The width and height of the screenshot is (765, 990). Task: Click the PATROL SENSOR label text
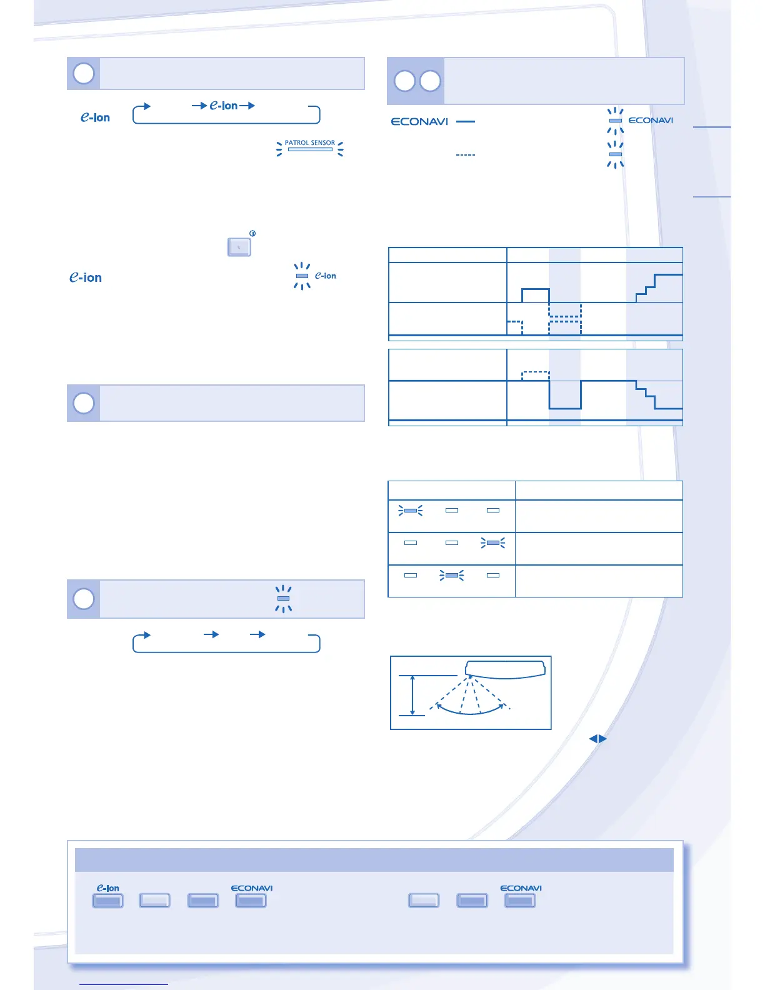click(x=310, y=142)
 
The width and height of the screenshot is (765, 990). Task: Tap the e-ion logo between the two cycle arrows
click(x=224, y=106)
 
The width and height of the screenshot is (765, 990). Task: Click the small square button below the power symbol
click(x=239, y=247)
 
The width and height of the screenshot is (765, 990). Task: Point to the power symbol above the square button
click(x=252, y=233)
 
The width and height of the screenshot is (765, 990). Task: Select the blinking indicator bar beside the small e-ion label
click(x=302, y=276)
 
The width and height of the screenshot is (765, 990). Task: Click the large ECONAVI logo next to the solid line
click(x=419, y=121)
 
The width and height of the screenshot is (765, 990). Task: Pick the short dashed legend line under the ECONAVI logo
click(x=466, y=154)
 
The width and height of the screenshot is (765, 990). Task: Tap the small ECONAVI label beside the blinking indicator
click(x=651, y=120)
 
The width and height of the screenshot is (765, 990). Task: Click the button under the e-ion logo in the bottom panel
click(x=107, y=901)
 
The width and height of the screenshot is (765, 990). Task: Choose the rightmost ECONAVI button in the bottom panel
click(x=520, y=901)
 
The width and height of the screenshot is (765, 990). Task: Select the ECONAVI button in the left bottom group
click(x=251, y=901)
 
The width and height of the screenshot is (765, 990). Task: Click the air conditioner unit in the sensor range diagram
click(x=505, y=669)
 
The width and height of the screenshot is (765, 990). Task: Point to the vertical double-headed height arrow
click(x=412, y=695)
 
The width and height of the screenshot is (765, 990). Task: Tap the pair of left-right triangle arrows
click(x=598, y=739)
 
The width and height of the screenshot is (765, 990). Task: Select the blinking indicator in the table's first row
click(x=411, y=511)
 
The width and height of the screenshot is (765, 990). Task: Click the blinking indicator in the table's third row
click(x=452, y=575)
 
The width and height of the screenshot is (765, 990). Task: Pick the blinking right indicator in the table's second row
click(x=493, y=543)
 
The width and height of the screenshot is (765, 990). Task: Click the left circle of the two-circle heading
click(x=405, y=81)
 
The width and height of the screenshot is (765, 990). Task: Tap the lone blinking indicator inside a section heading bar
click(x=283, y=599)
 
